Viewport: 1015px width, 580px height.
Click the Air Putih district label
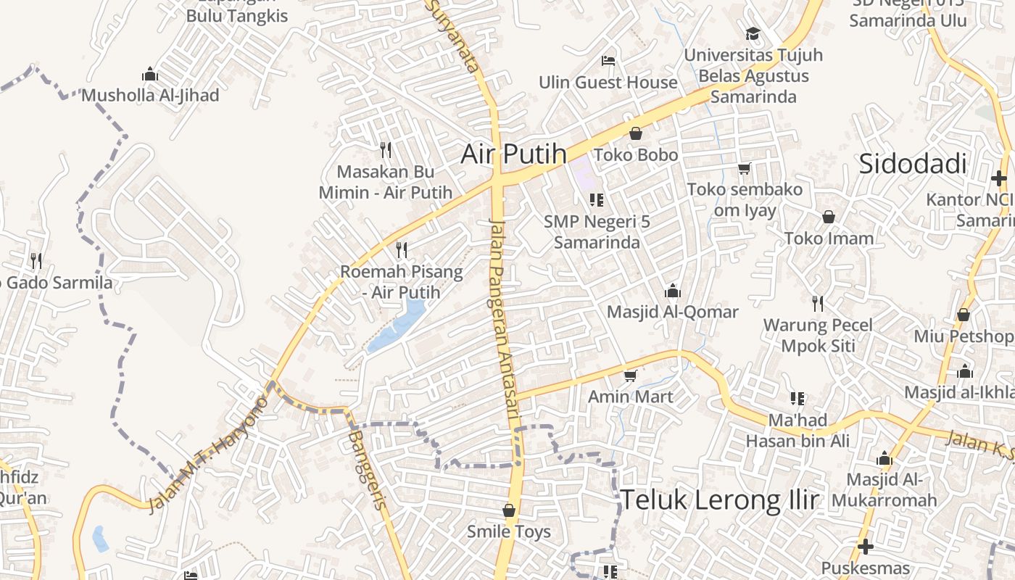point(514,154)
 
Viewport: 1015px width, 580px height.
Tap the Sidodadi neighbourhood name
point(913,164)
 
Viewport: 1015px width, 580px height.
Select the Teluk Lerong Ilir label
point(720,500)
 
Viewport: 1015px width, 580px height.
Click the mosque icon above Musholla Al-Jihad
point(150,74)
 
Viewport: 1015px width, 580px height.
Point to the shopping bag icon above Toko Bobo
point(636,133)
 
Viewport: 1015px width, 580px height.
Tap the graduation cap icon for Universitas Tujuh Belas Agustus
point(753,33)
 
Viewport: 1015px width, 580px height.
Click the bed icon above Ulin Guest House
point(608,60)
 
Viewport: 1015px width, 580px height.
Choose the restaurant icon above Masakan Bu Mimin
point(386,150)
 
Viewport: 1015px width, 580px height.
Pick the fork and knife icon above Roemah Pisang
point(402,250)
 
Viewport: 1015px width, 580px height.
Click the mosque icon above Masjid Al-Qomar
point(673,291)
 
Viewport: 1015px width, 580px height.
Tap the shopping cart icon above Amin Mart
point(630,376)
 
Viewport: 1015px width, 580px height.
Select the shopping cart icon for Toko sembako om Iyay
point(744,169)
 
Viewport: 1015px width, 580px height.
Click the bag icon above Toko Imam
point(828,217)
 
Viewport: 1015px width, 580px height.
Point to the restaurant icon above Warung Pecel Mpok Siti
point(818,303)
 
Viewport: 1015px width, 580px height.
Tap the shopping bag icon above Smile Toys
point(509,510)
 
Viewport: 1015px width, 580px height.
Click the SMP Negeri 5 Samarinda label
point(597,231)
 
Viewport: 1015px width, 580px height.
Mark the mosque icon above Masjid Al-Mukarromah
point(884,458)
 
